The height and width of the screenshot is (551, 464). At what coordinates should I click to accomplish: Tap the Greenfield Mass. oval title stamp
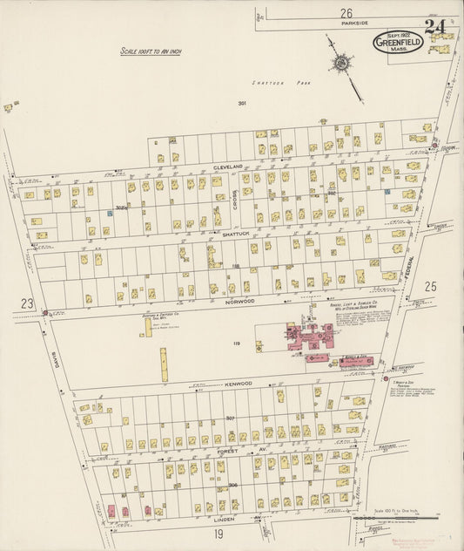click(x=398, y=42)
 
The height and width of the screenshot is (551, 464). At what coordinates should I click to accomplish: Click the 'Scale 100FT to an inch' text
click(x=151, y=52)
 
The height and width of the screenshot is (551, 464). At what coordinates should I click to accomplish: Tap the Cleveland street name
click(x=232, y=166)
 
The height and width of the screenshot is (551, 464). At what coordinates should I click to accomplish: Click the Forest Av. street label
click(x=234, y=451)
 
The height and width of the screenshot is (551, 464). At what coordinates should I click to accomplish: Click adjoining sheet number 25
click(x=429, y=285)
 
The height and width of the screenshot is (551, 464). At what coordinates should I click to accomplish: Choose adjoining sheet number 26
click(x=346, y=13)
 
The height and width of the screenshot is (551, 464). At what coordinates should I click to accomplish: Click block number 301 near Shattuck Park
click(x=242, y=104)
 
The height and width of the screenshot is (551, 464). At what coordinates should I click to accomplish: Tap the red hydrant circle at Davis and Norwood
click(x=44, y=311)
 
